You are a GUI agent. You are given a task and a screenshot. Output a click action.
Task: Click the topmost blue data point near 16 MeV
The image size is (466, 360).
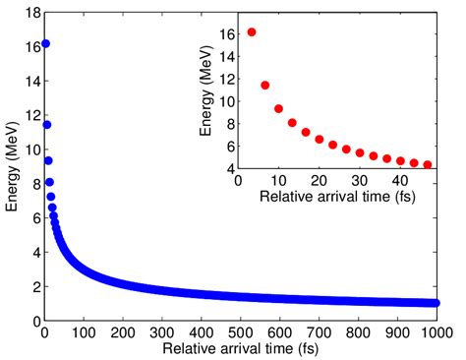pyautogui.click(x=45, y=44)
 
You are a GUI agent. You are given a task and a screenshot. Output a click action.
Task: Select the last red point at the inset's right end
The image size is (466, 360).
pyautogui.click(x=428, y=164)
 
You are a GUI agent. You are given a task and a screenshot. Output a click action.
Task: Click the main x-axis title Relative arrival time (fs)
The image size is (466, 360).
pyautogui.click(x=241, y=348)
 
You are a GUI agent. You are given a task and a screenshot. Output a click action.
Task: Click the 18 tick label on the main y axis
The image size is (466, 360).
pyautogui.click(x=29, y=11)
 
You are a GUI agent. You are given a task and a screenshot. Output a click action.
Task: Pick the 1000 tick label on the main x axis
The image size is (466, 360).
pyautogui.click(x=436, y=333)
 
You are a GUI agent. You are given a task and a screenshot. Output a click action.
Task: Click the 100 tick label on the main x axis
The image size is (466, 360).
pyautogui.click(x=84, y=333)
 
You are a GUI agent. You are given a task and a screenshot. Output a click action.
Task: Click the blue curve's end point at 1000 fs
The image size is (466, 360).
pyautogui.click(x=436, y=303)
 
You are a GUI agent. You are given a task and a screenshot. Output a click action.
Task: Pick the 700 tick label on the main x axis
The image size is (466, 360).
pyautogui.click(x=319, y=333)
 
